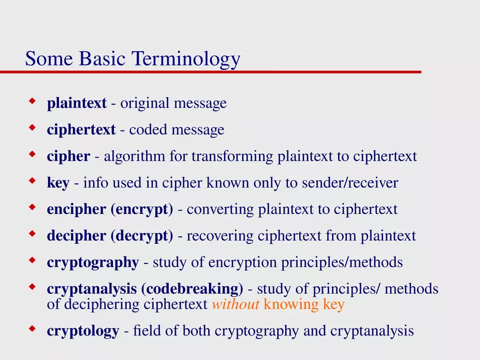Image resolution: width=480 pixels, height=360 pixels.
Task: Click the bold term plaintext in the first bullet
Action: coord(76,103)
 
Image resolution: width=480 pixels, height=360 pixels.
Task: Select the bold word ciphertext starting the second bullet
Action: coord(81,130)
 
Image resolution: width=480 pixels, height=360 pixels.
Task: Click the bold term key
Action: coord(58,183)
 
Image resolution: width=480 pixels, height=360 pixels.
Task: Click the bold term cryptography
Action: coord(93,263)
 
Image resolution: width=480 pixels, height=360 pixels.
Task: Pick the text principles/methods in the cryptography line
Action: coord(341,262)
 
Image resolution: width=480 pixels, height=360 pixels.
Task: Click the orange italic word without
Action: coord(235,304)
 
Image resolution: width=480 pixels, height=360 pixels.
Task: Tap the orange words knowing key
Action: coord(304,304)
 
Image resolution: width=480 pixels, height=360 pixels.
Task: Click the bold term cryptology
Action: coord(83,331)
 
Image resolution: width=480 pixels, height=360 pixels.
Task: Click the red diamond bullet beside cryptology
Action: coord(32,329)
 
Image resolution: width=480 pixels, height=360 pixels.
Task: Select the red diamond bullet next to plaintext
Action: coord(32,101)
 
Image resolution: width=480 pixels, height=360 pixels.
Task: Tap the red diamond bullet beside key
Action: coord(32,181)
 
